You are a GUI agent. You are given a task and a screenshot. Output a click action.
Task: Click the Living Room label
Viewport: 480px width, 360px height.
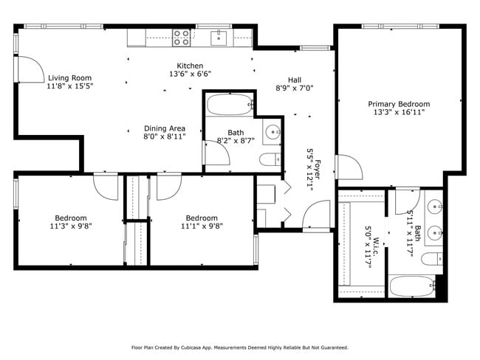[x=70, y=77]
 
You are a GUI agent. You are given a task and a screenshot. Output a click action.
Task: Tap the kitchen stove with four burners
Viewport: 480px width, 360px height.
[x=181, y=36]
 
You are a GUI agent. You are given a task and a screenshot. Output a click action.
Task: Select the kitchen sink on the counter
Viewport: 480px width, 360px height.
[x=220, y=36]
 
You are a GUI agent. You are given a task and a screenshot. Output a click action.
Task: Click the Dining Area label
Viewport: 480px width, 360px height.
[x=164, y=128]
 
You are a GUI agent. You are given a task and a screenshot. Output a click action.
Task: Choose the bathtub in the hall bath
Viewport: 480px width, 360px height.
[x=229, y=105]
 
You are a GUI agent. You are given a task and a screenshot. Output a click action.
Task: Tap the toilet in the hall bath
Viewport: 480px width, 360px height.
[x=270, y=159]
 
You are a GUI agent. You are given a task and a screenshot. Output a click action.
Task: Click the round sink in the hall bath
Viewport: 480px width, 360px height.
[x=272, y=133]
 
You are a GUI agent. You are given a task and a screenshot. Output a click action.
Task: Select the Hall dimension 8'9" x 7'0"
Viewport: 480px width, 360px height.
[x=295, y=88]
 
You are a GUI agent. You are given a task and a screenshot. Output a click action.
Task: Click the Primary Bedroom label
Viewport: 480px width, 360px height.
[x=399, y=104]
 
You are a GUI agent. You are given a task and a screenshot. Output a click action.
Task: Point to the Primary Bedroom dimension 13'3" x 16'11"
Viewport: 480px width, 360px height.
[x=399, y=113]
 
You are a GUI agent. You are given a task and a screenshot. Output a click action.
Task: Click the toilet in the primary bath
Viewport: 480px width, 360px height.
[x=433, y=258]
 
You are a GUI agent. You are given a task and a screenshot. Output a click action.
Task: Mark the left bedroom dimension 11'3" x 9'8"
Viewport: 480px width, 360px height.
[x=70, y=227]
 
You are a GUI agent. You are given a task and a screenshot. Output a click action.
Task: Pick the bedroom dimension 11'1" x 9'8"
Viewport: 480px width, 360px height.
[x=202, y=227]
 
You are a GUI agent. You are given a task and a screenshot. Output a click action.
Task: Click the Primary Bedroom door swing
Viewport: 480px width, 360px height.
[x=349, y=167]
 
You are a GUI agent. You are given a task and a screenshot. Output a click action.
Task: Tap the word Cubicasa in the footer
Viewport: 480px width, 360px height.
[x=209, y=347]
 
